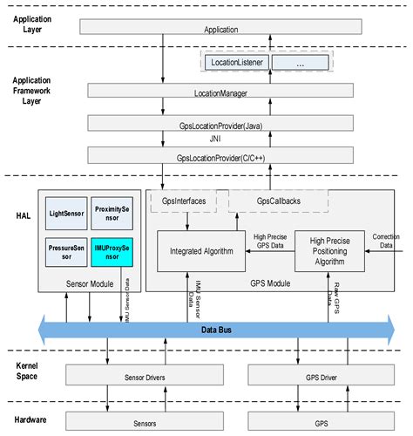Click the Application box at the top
pos(220,29)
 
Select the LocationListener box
pos(236,64)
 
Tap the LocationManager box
pos(220,92)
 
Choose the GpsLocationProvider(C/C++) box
pos(220,155)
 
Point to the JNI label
pos(220,140)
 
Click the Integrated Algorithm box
pos(201,250)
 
